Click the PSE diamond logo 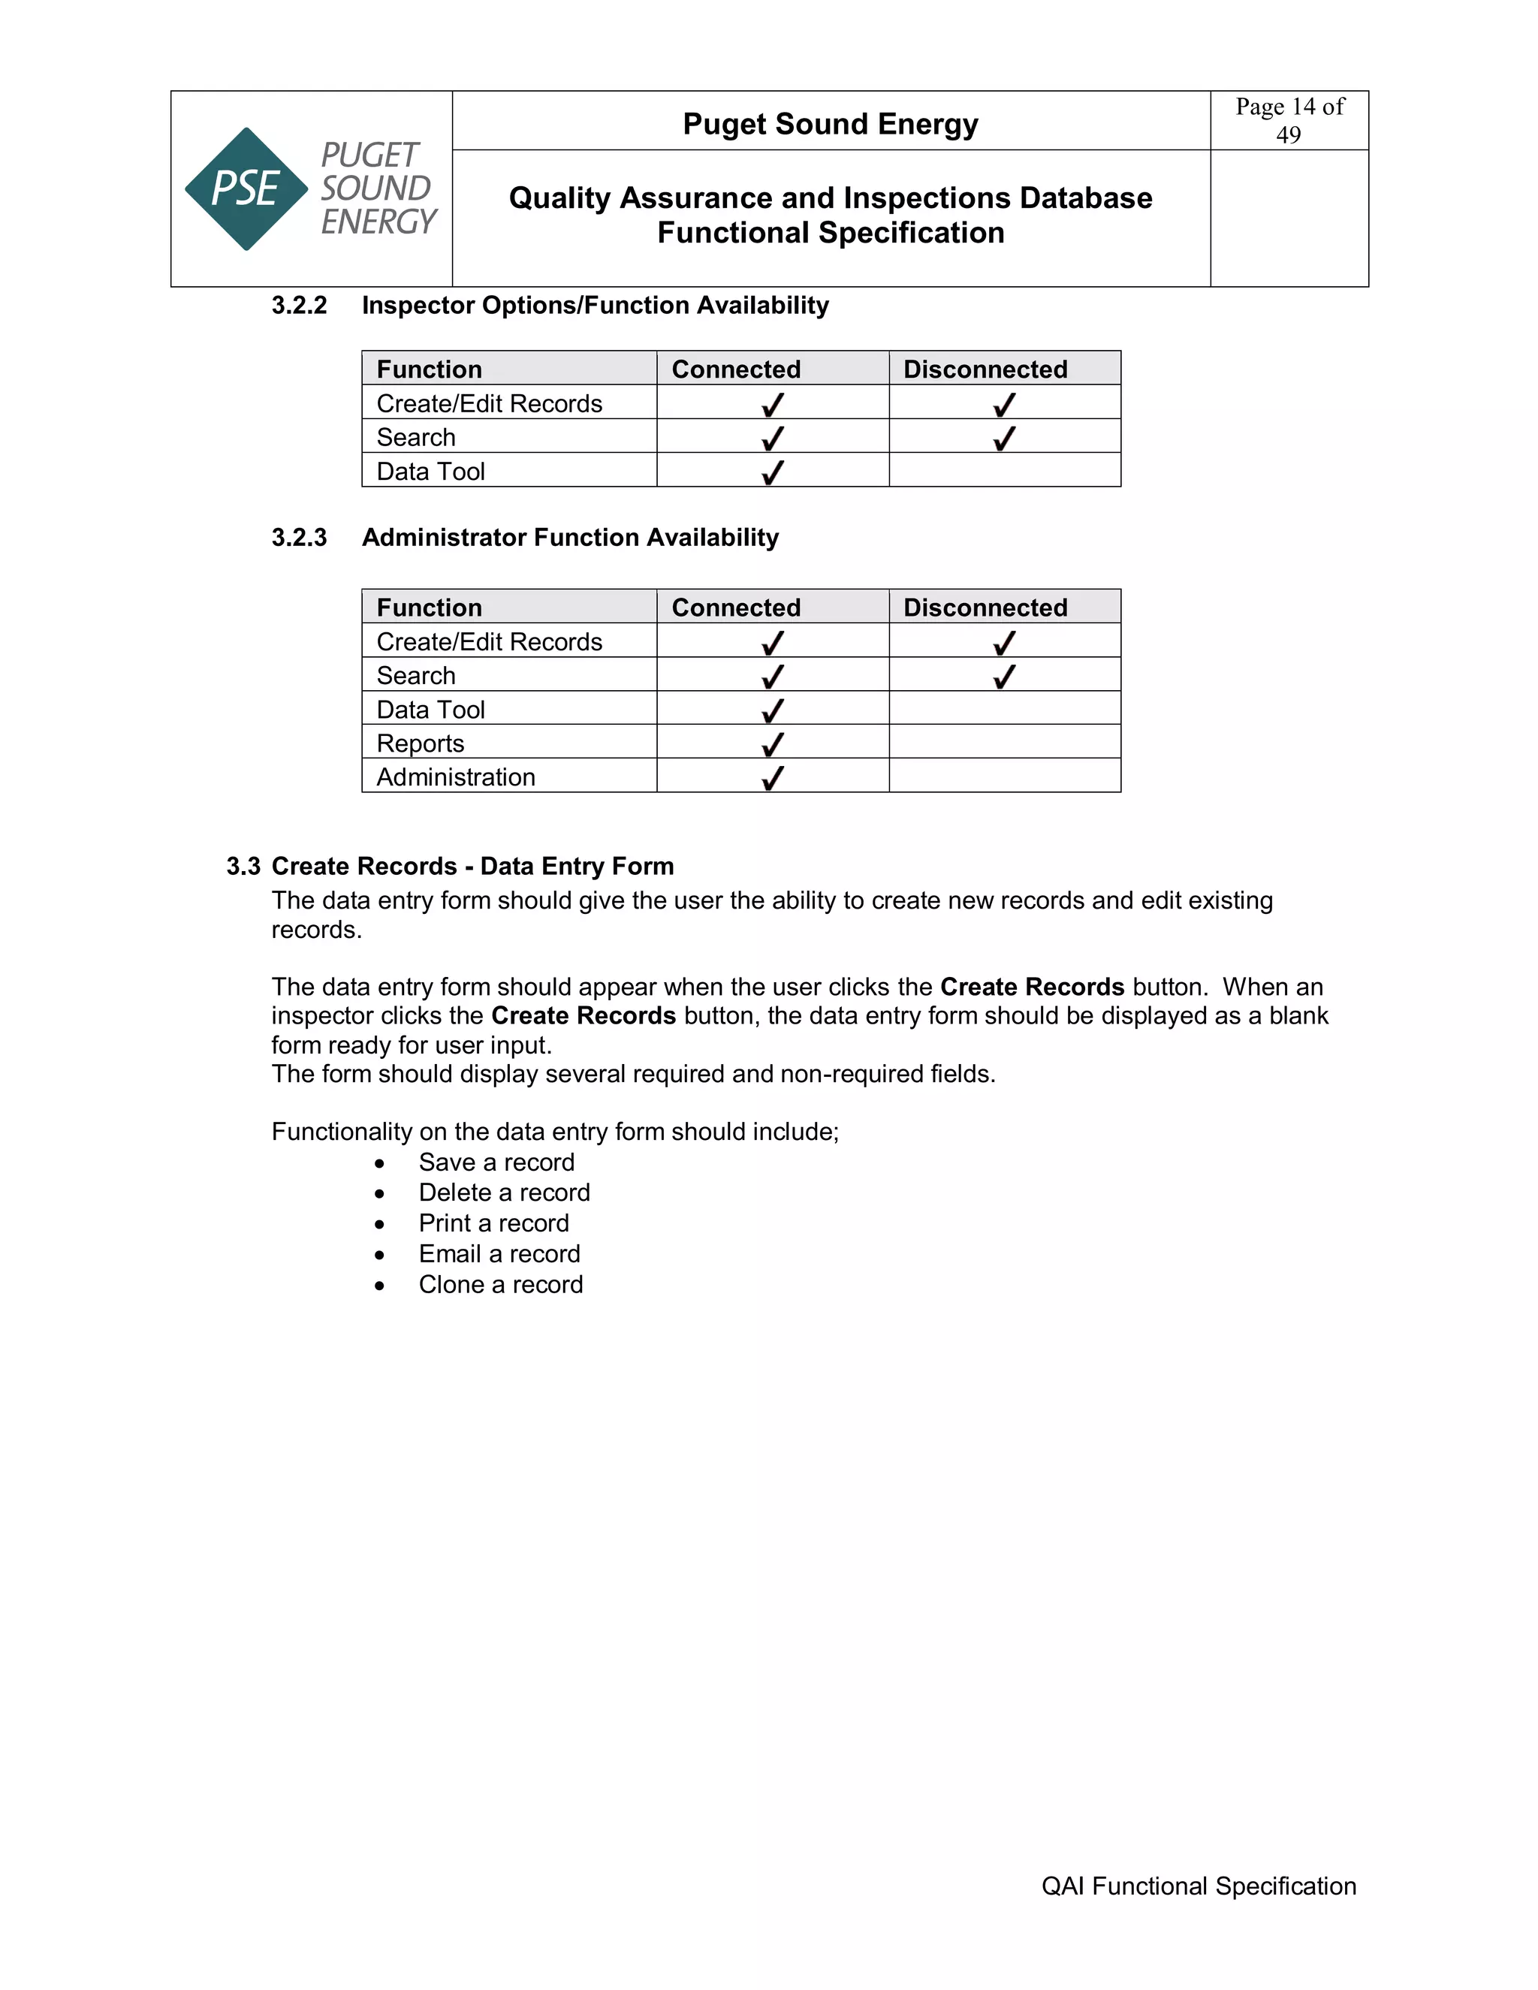point(246,188)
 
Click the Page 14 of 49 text point(1289,120)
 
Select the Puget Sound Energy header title point(830,124)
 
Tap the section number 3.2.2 point(299,305)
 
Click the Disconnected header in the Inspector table point(985,369)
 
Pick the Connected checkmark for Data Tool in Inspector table point(773,472)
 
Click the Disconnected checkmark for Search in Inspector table point(1004,439)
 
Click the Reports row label point(420,743)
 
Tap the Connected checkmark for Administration point(773,777)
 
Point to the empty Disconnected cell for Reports point(1004,743)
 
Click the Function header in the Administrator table point(429,608)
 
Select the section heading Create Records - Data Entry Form point(472,866)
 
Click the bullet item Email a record point(499,1254)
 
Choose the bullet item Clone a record point(500,1285)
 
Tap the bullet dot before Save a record point(379,1163)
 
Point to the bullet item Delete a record point(504,1192)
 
